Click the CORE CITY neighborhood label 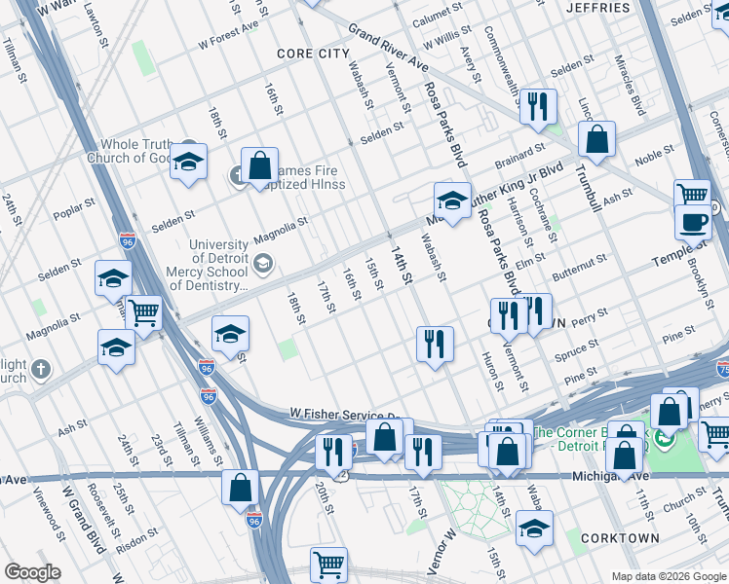point(312,54)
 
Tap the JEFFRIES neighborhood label point(603,8)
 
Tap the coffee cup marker point(693,221)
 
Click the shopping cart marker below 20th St point(329,564)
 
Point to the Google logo point(32,572)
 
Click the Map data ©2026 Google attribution point(669,576)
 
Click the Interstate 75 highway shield point(722,369)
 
